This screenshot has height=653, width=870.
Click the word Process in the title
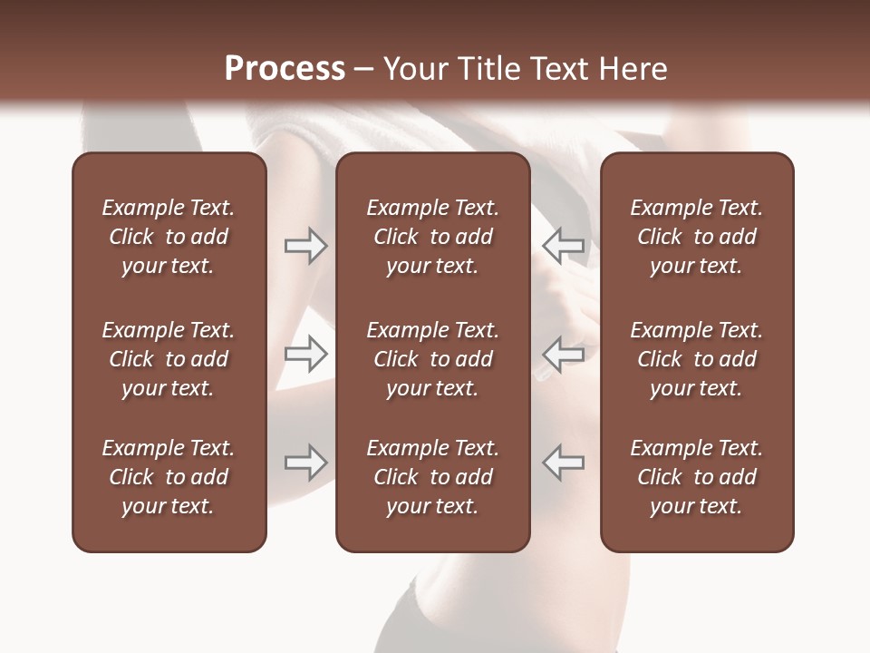coord(285,69)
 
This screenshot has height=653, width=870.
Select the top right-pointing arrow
coord(305,246)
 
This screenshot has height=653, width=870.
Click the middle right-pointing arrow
coord(305,354)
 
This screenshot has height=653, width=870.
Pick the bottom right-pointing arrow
coord(305,463)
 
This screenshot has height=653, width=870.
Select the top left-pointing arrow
coord(564,246)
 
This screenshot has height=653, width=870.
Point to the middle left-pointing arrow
coord(564,354)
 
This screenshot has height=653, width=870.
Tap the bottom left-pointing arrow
coord(564,463)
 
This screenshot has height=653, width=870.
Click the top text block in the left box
coord(169,237)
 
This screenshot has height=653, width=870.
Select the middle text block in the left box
coord(169,359)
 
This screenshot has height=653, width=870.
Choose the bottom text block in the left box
coord(169,477)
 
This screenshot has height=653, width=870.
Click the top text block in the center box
coord(432,237)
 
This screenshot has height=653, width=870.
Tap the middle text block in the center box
coord(432,359)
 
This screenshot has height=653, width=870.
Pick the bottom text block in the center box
coord(432,477)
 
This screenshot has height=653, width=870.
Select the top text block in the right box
coord(696,237)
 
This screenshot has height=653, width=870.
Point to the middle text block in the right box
coord(696,359)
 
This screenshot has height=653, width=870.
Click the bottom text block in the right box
coord(696,477)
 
